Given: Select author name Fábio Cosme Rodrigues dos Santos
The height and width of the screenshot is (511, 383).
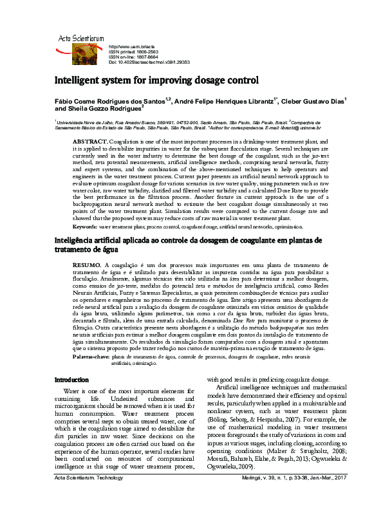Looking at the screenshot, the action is tap(112, 101).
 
